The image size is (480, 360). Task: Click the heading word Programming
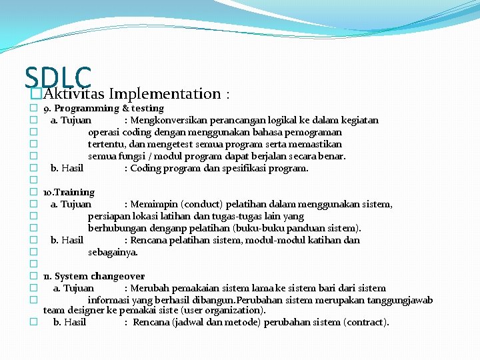(87, 108)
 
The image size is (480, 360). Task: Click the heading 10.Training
(69, 192)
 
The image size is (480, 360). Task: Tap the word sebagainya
(113, 252)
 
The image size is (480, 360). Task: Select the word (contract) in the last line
(366, 322)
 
